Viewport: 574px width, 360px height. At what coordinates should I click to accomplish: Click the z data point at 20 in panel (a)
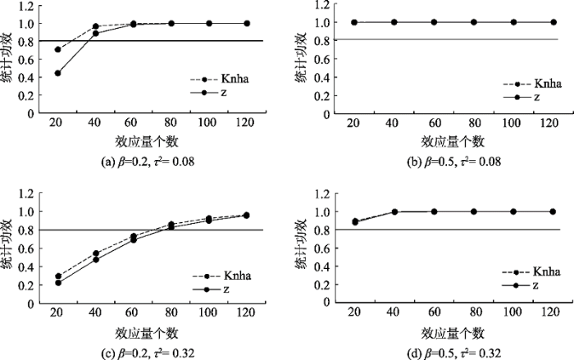click(57, 73)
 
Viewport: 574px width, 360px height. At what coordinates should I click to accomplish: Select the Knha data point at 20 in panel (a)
click(57, 49)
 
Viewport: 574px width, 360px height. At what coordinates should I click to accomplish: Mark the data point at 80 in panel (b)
click(473, 22)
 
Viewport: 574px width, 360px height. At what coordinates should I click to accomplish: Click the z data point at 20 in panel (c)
click(57, 283)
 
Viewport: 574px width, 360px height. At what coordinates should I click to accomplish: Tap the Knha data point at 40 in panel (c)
click(96, 253)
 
